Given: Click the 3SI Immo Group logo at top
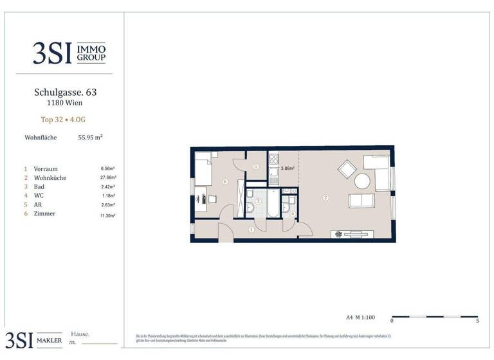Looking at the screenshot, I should click(69, 53).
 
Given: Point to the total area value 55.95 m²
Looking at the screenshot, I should click(91, 137).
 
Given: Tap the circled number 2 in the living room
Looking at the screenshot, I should click(326, 197).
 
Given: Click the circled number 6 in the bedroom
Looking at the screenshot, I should click(224, 182).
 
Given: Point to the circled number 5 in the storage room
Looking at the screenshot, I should click(255, 166).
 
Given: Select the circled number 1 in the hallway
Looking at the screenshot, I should click(252, 228).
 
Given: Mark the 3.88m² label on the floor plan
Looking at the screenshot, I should click(288, 169).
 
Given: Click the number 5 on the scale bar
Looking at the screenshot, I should click(476, 319).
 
